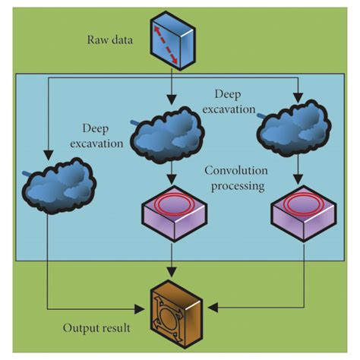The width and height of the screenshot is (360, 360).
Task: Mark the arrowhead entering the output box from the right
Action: (x=213, y=308)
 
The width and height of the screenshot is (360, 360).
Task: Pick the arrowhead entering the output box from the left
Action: (x=142, y=308)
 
